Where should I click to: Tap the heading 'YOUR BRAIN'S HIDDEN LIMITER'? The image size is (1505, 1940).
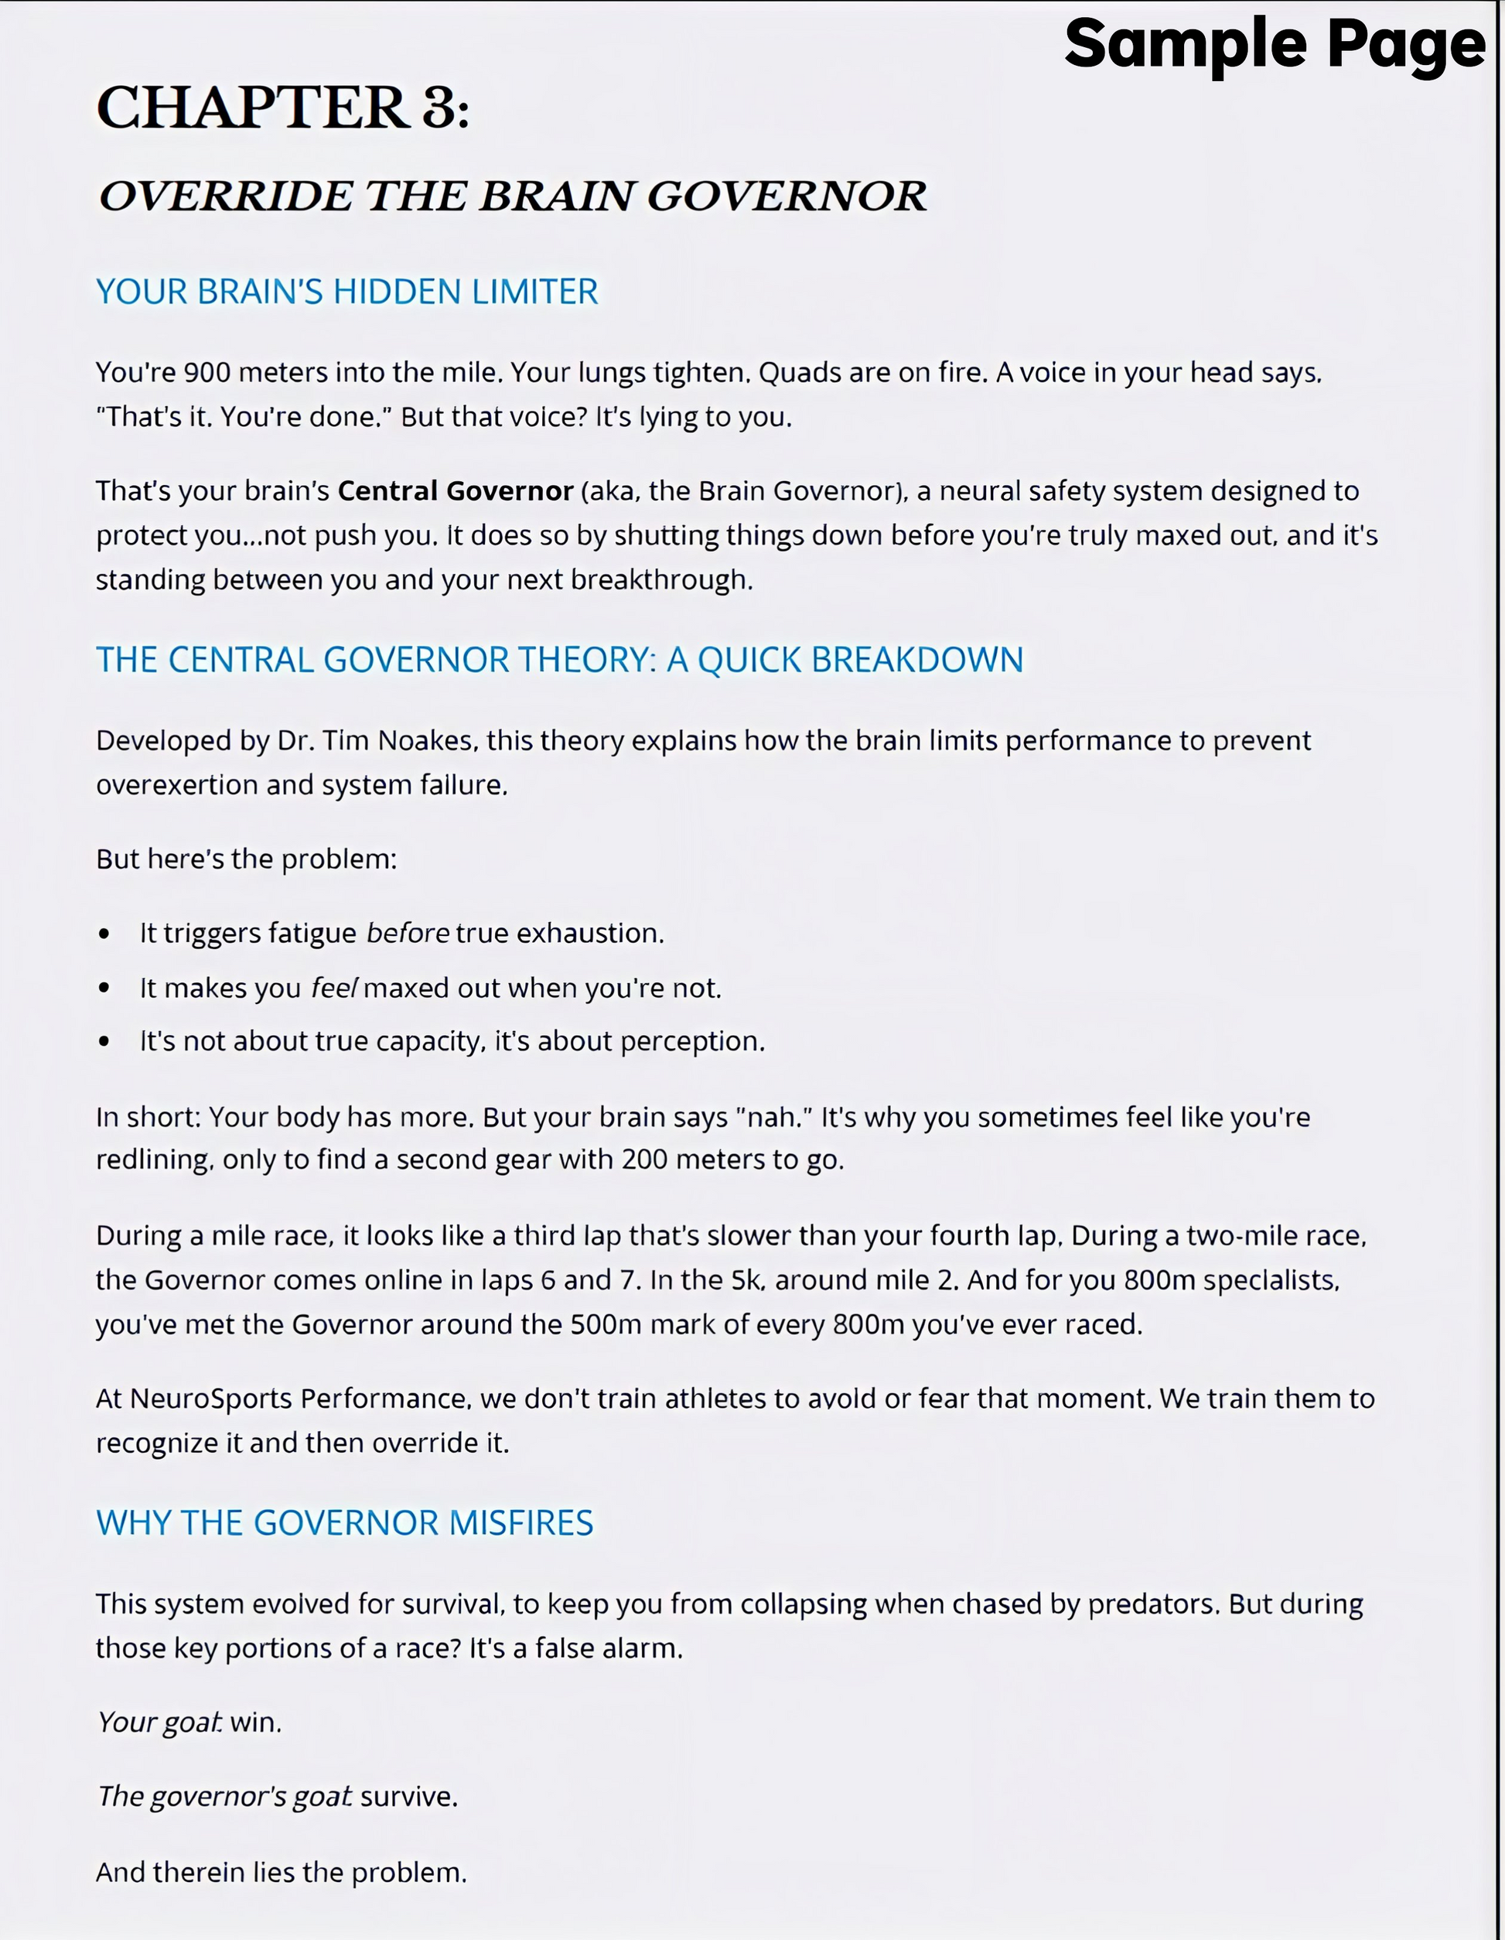click(x=346, y=292)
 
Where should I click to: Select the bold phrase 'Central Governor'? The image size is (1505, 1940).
click(x=455, y=491)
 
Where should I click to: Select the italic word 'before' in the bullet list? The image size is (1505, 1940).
click(x=408, y=934)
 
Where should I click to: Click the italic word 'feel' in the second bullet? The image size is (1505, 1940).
click(x=334, y=989)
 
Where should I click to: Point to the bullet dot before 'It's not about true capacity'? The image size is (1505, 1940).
click(x=104, y=1042)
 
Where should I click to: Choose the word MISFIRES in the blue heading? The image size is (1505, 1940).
click(x=520, y=1523)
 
